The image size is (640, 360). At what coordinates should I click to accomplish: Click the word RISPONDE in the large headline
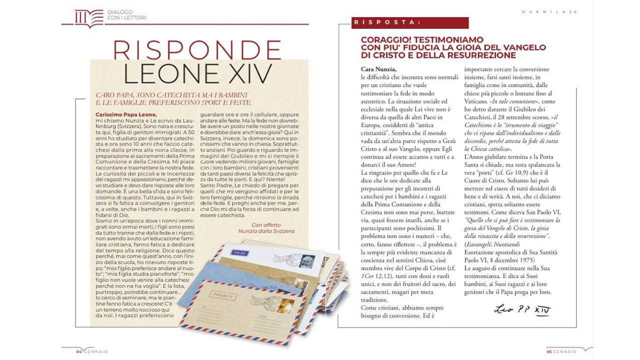197,50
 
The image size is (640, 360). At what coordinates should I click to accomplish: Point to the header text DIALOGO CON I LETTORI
126,15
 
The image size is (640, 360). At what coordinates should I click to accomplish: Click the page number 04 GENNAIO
91,351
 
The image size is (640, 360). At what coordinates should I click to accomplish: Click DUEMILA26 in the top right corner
556,12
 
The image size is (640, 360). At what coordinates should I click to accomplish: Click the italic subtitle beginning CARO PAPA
172,98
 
